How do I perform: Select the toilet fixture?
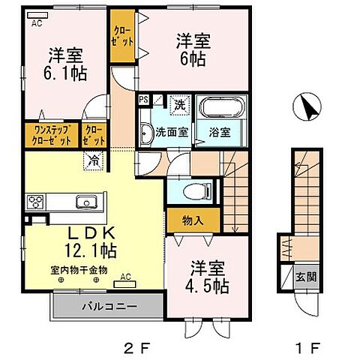[x=194, y=190]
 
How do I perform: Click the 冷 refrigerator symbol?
[x=95, y=159]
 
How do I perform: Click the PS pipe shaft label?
[x=143, y=99]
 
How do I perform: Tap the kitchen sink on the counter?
[x=84, y=201]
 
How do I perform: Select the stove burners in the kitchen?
[x=36, y=201]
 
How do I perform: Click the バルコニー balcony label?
[x=105, y=306]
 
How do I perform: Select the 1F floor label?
[x=310, y=347]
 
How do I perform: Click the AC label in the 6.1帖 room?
[x=36, y=23]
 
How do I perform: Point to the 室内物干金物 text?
[x=79, y=268]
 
